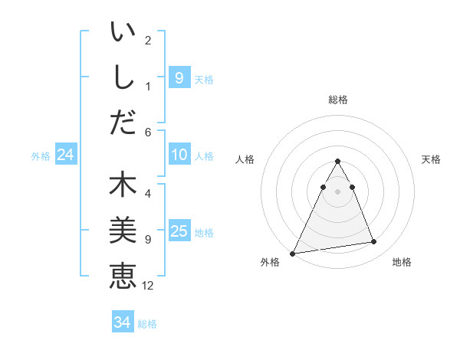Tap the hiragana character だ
tap(123, 122)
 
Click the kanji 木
tap(123, 185)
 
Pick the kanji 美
tap(123, 230)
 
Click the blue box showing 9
tap(179, 77)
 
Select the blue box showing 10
tap(179, 155)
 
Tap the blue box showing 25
tap(179, 231)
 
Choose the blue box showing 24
tap(65, 155)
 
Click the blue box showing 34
tap(122, 322)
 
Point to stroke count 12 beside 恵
tap(148, 286)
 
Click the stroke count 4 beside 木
tap(148, 194)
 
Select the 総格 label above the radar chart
tap(337, 100)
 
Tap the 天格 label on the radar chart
tap(432, 159)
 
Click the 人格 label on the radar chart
tap(245, 159)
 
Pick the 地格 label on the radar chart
tap(402, 262)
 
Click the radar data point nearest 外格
tap(292, 253)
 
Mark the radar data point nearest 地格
tap(374, 242)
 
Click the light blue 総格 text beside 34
tap(147, 324)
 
